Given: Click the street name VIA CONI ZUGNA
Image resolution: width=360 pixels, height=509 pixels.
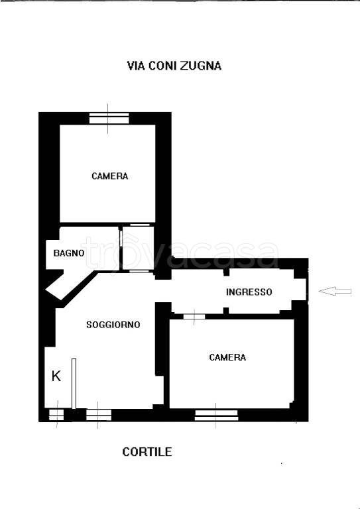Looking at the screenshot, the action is coord(174,66).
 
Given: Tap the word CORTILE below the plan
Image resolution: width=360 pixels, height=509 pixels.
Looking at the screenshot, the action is coord(147,452).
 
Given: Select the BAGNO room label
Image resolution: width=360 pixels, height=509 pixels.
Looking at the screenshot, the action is coord(69,253).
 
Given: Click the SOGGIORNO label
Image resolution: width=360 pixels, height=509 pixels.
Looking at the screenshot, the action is coord(113,325).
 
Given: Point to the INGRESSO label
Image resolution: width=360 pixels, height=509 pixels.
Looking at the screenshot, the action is coord(249,292).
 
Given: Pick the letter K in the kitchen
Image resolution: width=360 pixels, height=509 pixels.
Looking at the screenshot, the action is coord(56,376).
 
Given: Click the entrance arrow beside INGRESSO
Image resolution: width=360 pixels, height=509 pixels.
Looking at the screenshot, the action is coord(335,291).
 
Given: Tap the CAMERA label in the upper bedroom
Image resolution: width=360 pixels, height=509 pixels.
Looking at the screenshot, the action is coord(109,176).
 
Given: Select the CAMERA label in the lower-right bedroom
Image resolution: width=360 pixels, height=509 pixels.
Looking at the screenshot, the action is coord(227,357).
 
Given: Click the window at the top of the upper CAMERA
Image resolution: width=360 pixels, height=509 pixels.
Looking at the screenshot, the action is coord(109,119).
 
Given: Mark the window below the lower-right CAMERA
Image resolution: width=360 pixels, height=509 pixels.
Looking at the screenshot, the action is coord(216,416).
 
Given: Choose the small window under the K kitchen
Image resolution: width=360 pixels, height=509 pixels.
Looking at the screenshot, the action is coord(56,415).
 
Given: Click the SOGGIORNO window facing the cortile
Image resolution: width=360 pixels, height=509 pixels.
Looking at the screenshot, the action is coord(99,415).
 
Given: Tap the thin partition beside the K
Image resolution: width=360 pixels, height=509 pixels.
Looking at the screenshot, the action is coord(74,384).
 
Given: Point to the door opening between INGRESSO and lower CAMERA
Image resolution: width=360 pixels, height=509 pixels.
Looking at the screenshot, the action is coord(194,317).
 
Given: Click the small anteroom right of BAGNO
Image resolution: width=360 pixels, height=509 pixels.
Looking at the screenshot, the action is coord(138,248).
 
